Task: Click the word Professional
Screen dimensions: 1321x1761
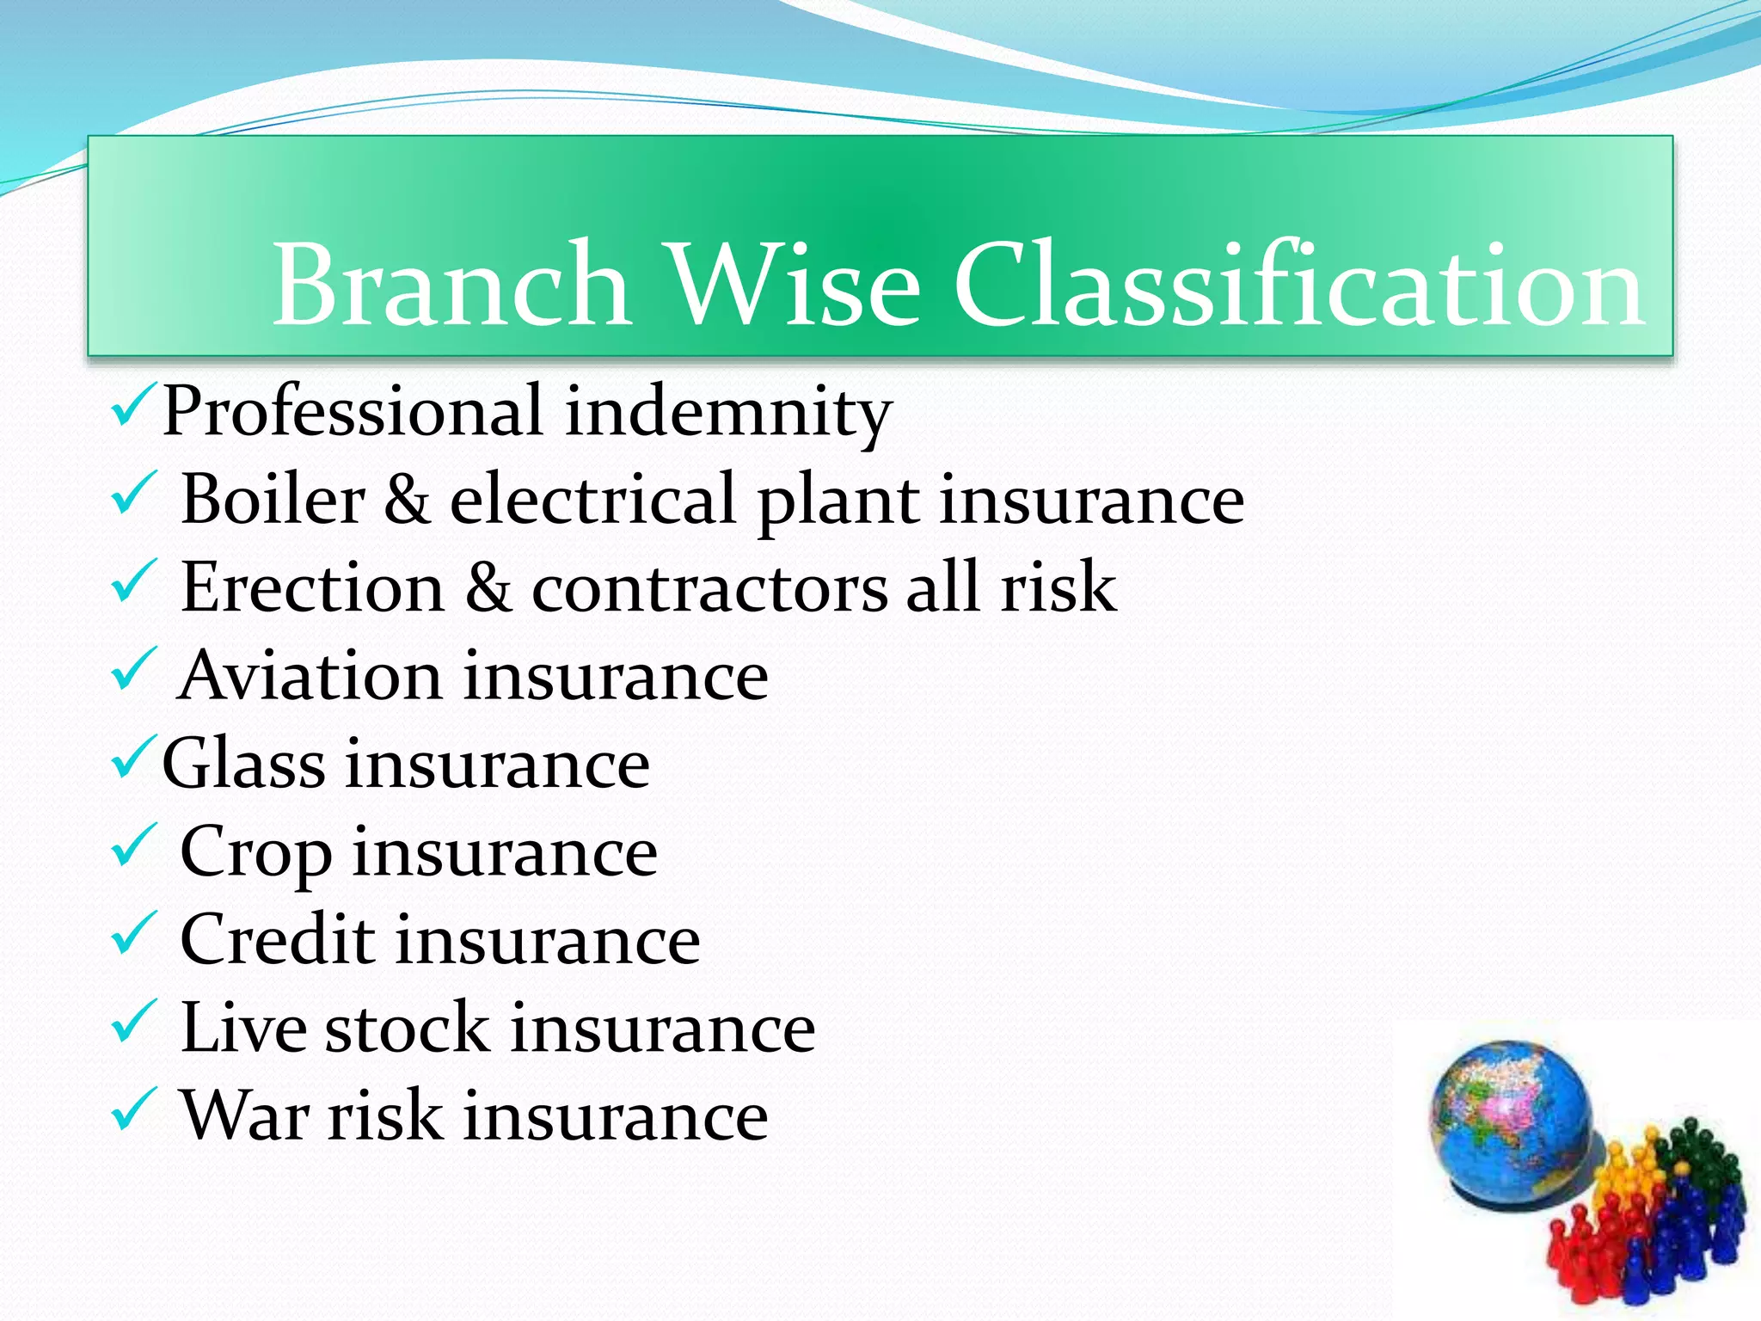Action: (353, 411)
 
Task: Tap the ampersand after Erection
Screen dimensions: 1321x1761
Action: (488, 587)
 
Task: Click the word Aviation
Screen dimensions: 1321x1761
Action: (310, 676)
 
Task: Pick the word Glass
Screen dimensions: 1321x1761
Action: (243, 764)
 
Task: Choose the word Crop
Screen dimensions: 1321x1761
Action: (255, 853)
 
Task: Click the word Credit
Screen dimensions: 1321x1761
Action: (277, 940)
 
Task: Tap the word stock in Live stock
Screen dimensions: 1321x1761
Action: (407, 1029)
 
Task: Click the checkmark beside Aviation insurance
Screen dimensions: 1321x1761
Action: (134, 669)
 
